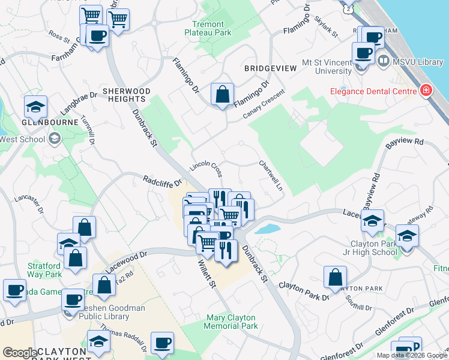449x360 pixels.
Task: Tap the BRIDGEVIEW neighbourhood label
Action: [x=270, y=69]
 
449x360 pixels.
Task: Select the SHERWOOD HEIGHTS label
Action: [x=126, y=95]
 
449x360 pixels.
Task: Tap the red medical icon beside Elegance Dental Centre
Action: [x=426, y=91]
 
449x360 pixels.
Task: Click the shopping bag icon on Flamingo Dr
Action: [x=222, y=95]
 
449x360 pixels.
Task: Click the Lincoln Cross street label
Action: [x=206, y=167]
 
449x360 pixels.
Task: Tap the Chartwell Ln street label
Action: [x=271, y=175]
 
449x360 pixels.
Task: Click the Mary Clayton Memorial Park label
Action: [x=231, y=322]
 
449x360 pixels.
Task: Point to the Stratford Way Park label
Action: [x=44, y=270]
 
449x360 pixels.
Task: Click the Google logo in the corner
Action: [x=20, y=353]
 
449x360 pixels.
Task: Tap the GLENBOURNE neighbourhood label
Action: [x=50, y=122]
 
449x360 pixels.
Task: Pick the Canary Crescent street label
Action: [x=264, y=104]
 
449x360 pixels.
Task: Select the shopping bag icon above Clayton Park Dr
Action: [x=335, y=277]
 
